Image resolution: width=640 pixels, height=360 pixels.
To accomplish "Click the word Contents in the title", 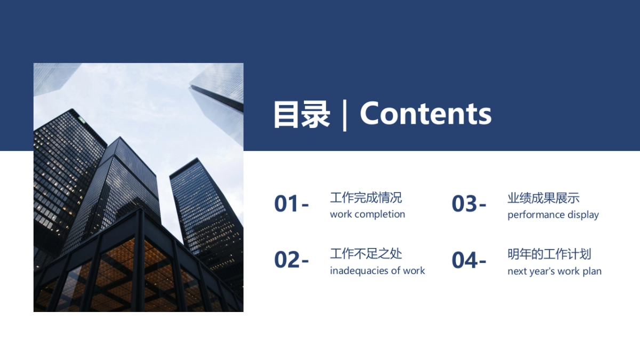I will [x=426, y=114].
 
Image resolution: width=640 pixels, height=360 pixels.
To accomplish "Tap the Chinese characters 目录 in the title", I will [x=301, y=114].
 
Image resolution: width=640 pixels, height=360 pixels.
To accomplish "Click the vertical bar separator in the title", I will [x=345, y=114].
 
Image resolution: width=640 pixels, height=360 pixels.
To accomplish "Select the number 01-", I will [x=291, y=204].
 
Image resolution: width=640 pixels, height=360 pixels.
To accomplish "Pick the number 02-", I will [x=291, y=260].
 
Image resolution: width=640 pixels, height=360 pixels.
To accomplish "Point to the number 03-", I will [x=469, y=204].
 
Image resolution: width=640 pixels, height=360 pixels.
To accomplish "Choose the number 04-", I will [x=469, y=260].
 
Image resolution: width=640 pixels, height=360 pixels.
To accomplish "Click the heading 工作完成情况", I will [x=366, y=198].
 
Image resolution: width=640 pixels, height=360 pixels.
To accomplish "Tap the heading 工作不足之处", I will [x=366, y=254].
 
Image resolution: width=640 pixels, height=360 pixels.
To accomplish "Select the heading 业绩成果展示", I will [x=543, y=198].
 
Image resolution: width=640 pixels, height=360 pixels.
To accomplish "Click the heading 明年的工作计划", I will [x=549, y=254].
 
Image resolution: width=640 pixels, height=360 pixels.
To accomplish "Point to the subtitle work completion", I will [x=367, y=214].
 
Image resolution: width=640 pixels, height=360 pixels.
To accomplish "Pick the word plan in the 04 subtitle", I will [x=592, y=271].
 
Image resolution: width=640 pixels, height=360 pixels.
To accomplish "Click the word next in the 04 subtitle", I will [x=517, y=271].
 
